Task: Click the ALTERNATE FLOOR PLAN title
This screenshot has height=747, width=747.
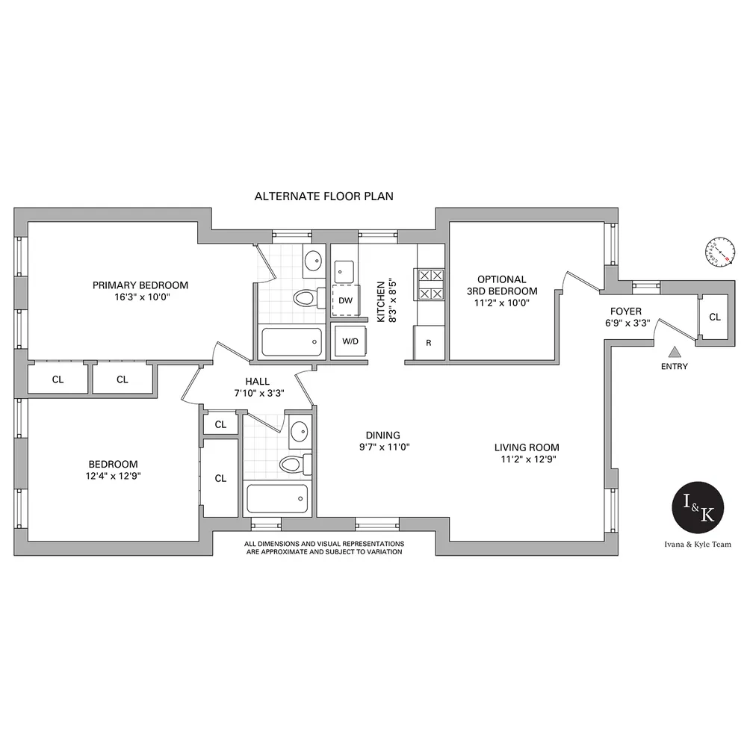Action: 323,196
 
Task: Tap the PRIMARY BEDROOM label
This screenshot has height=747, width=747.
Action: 140,285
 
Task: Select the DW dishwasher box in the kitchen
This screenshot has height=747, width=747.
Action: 345,300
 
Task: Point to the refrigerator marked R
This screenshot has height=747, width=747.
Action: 429,343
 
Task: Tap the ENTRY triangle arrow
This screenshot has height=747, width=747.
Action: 675,351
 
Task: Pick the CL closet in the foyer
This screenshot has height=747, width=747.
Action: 714,317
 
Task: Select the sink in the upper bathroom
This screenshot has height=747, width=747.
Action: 313,262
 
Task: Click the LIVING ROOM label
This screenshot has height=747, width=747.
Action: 526,447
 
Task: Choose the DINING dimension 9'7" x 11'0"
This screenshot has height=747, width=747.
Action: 382,447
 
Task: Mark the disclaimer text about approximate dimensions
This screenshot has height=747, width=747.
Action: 324,548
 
